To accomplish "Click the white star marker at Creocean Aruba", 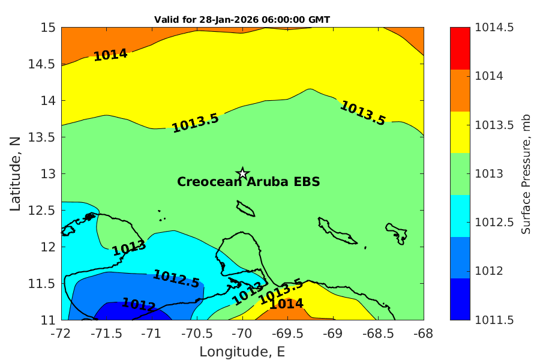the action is coord(242,173).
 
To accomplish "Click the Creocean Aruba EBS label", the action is coord(248,182).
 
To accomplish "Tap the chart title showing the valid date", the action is coord(242,20).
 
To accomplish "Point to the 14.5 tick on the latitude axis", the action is coord(41,64).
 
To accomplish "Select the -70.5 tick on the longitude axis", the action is coord(197,334).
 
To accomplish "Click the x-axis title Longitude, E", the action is coord(242,352).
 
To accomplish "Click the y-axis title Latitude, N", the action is coord(16,173).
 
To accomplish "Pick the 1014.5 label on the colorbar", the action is coord(494,28).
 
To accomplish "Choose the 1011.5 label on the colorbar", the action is coord(494,320).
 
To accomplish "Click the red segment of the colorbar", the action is coord(460,49).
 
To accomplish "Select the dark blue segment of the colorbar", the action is coord(460,299).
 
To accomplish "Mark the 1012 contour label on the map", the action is coord(139,305).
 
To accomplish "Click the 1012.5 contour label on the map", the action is coord(176,278).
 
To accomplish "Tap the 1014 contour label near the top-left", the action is coord(110,55).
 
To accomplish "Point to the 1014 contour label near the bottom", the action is coord(286,304).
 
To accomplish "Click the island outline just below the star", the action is coord(245,209).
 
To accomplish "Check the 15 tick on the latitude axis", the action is coord(48,28).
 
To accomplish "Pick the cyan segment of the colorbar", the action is coord(460,215).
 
